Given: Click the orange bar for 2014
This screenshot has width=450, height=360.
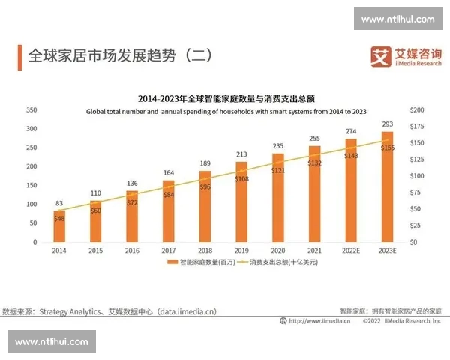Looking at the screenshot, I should point(58,226).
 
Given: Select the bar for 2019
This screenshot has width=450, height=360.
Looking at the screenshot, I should point(241,202).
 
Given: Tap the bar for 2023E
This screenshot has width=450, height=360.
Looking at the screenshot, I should point(387,187).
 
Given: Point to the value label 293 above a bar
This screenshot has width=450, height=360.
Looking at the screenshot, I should point(387,124).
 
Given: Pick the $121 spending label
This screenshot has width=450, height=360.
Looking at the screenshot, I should point(278,171).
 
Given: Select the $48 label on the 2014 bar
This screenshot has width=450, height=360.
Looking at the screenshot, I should point(59,218).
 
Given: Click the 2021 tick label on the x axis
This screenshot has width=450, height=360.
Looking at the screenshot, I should point(314,250).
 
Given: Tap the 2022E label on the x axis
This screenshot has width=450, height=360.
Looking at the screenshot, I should point(350,250).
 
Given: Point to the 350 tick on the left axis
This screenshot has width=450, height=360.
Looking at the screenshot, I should point(31,109).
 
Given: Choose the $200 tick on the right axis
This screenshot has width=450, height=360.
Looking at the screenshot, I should point(417,109).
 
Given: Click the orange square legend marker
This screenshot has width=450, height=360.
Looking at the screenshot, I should point(173,263).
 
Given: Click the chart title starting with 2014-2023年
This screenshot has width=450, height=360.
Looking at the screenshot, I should point(226,98).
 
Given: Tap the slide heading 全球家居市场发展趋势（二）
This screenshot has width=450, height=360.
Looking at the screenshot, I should point(120,55).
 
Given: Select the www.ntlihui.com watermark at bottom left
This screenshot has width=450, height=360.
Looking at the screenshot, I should point(52,341).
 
